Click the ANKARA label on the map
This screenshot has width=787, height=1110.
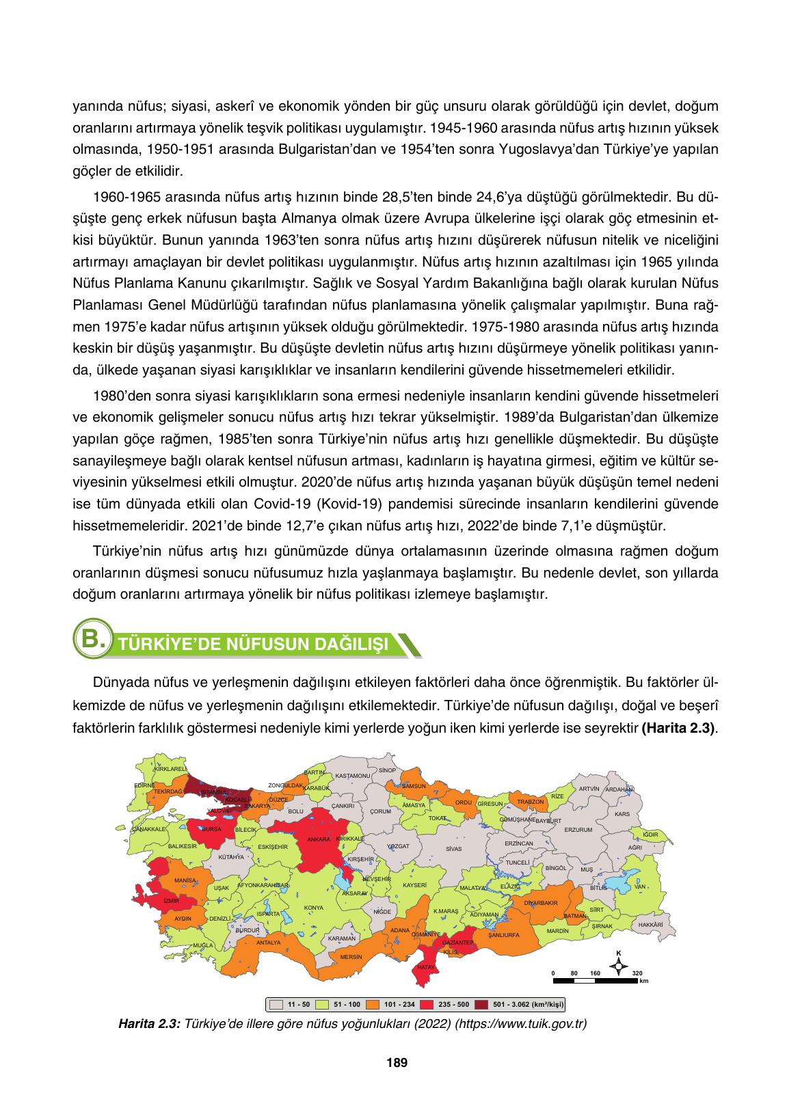pyautogui.click(x=319, y=839)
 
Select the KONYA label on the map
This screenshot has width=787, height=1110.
pyautogui.click(x=313, y=908)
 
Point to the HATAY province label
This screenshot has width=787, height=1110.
pyautogui.click(x=426, y=967)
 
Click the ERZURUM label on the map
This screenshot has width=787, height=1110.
pyautogui.click(x=578, y=830)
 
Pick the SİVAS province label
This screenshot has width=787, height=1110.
pyautogui.click(x=453, y=848)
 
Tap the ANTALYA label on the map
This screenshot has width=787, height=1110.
pyautogui.click(x=269, y=943)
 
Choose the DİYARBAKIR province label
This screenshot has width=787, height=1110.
pyautogui.click(x=541, y=902)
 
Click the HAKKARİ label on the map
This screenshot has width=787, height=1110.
pyautogui.click(x=650, y=925)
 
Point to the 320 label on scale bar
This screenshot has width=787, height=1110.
pyautogui.click(x=638, y=973)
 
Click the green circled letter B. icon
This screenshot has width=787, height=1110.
pyautogui.click(x=92, y=640)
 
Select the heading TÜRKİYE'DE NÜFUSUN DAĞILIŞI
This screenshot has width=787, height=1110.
pyautogui.click(x=254, y=645)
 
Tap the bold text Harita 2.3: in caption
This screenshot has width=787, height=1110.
pyautogui.click(x=149, y=1024)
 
